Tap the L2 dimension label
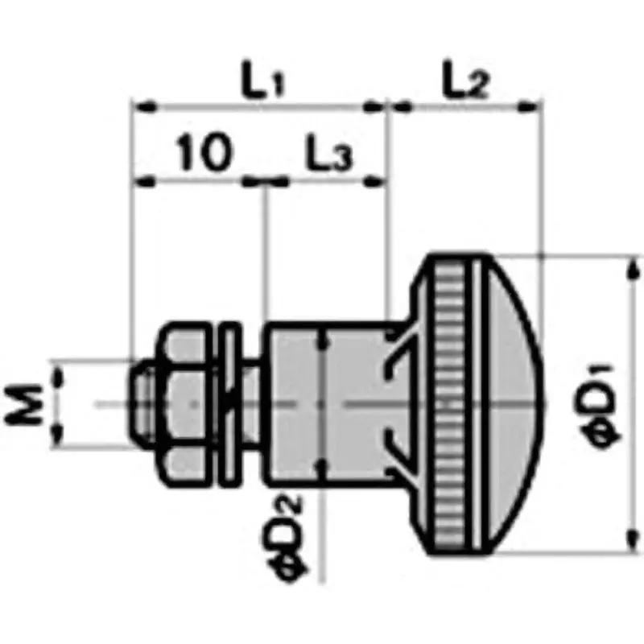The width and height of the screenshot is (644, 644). click(x=467, y=80)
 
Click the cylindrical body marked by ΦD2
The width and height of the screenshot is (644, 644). click(x=322, y=402)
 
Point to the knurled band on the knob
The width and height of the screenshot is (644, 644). click(x=451, y=402)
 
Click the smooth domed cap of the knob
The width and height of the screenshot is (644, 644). click(x=515, y=402)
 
